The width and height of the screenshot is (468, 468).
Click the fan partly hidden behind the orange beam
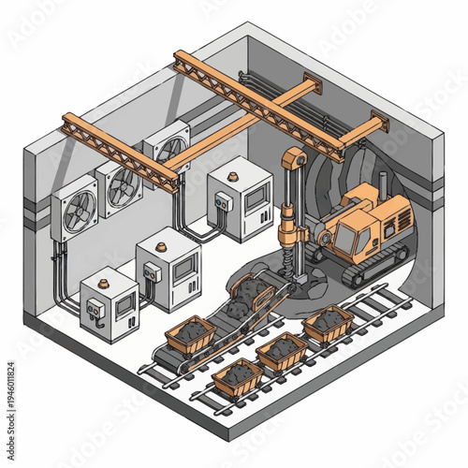169,150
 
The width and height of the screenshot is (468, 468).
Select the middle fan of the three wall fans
122,186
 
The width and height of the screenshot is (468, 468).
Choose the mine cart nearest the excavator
328,322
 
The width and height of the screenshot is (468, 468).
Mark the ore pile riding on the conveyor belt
247,290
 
